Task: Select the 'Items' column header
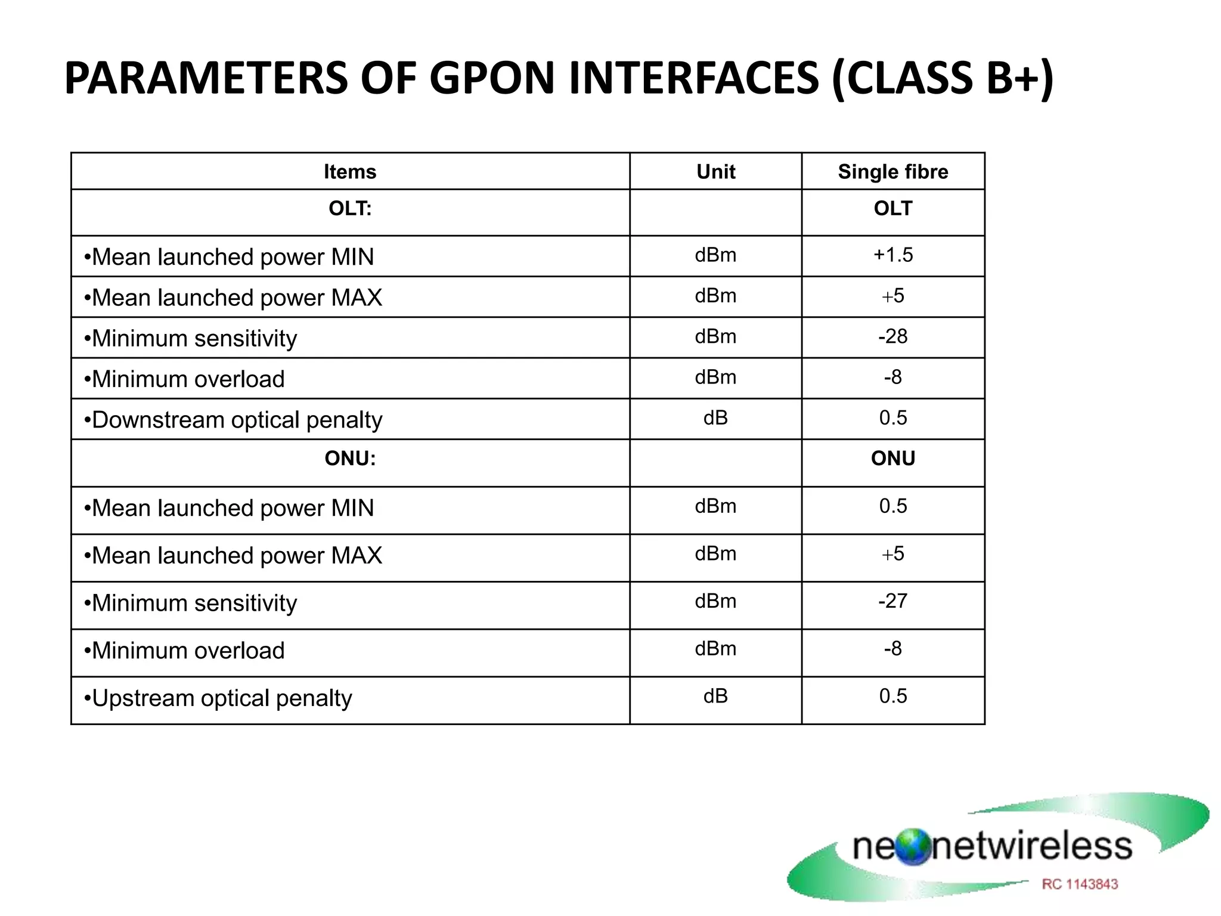coord(350,172)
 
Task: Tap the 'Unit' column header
coord(715,172)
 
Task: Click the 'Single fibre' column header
coord(892,172)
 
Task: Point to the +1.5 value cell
coord(892,255)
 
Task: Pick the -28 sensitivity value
coord(892,337)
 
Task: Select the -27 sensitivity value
coord(892,601)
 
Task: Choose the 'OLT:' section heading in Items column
coord(350,209)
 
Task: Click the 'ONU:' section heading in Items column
coord(350,459)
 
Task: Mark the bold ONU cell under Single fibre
coord(892,459)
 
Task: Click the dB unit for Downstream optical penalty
coord(715,418)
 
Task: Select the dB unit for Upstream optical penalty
coord(715,697)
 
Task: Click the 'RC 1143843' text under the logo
coord(1080,884)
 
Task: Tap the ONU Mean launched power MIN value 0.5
coord(892,506)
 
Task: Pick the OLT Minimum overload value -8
coord(892,377)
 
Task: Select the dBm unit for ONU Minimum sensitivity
coord(715,601)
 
